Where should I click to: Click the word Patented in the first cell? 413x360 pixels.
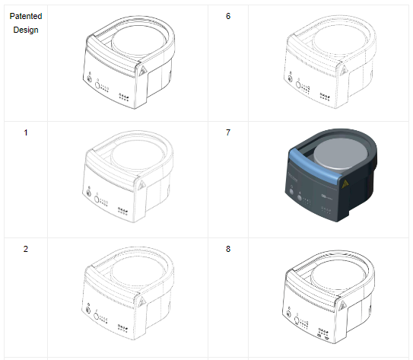[x=26, y=16]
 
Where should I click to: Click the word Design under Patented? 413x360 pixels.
[x=26, y=30]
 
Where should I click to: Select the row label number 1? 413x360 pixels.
[x=26, y=132]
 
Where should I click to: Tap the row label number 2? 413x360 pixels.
[x=26, y=249]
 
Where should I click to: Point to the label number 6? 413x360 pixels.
[x=228, y=16]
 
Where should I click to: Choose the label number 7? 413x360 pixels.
[x=228, y=132]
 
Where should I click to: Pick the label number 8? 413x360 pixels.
[x=228, y=249]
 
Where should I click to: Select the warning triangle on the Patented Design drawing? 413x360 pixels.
[x=141, y=69]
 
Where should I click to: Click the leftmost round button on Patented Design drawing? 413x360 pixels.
[x=88, y=80]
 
